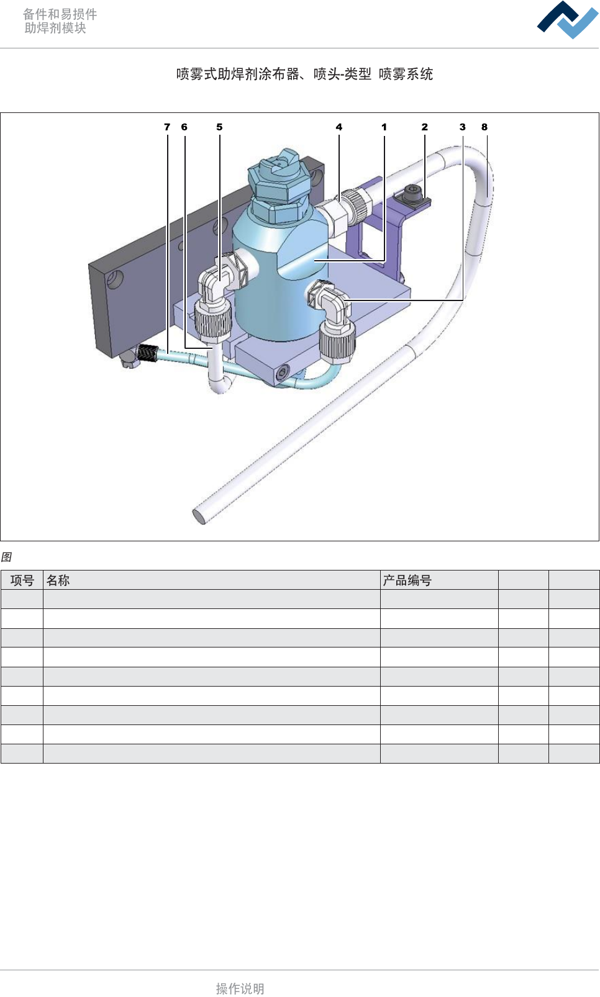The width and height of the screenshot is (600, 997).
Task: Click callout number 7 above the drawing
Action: (167, 127)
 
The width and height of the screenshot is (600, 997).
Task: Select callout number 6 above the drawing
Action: (184, 127)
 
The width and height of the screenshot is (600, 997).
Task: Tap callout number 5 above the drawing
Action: (219, 127)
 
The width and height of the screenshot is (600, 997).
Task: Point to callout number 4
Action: (339, 127)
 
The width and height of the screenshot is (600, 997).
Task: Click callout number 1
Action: (384, 127)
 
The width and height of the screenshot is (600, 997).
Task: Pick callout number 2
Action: (424, 127)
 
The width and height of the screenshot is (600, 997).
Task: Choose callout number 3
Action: (462, 127)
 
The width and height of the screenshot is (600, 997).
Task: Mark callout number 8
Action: (484, 127)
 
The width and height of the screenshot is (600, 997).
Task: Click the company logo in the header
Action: (568, 20)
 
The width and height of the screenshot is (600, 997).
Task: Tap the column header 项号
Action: (22, 580)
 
